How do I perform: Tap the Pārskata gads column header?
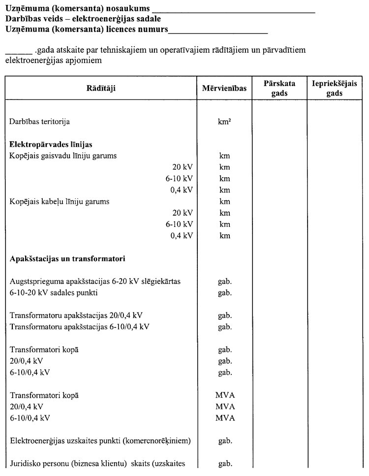(279, 88)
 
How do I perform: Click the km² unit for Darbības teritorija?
(224, 121)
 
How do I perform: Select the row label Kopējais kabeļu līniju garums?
(60, 201)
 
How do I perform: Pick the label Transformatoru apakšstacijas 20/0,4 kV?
(76, 315)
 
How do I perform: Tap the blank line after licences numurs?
(217, 31)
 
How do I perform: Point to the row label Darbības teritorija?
(43, 121)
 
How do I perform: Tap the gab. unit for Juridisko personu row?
(224, 463)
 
